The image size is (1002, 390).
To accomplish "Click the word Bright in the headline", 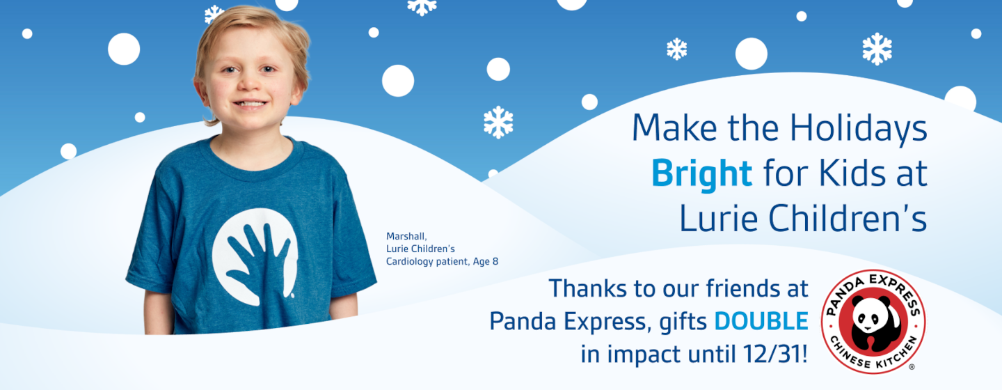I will click(701, 173).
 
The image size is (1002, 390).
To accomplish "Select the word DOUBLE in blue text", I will click(761, 321).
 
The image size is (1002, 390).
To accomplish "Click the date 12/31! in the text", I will click(774, 354).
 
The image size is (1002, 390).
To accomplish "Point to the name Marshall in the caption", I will click(406, 236).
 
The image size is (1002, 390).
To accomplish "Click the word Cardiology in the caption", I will click(411, 261).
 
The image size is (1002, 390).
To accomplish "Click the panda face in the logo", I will click(872, 320).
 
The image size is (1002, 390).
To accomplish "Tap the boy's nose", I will click(249, 84).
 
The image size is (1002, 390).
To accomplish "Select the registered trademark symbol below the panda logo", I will click(912, 366).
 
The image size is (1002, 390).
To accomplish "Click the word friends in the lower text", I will click(724, 288).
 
